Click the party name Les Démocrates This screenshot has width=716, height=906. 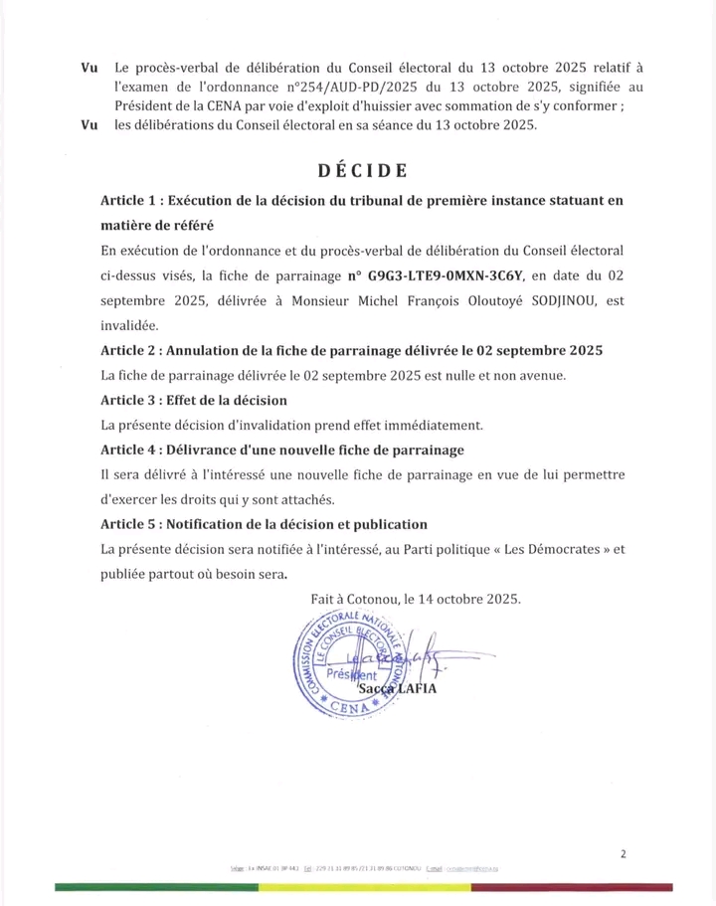pos(533,549)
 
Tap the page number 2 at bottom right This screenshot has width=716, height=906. pos(623,853)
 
